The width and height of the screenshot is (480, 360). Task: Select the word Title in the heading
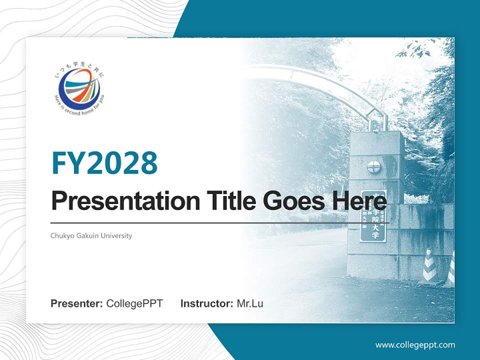[x=229, y=201]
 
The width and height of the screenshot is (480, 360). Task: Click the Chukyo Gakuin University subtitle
[x=91, y=235]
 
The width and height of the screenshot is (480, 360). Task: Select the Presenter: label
[x=77, y=303]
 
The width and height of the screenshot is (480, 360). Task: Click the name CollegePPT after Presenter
[x=134, y=303]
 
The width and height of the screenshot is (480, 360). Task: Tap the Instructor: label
[x=206, y=303]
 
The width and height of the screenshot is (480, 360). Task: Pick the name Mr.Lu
[x=250, y=303]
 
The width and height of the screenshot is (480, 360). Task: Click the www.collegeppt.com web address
[x=415, y=344]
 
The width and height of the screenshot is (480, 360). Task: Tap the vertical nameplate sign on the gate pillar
[x=372, y=216]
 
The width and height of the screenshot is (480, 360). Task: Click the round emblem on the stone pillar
[x=373, y=167]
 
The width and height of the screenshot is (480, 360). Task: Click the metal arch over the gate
[x=320, y=80]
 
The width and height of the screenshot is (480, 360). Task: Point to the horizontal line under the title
[x=220, y=222]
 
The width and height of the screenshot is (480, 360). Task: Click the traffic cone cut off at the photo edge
[x=450, y=270]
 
